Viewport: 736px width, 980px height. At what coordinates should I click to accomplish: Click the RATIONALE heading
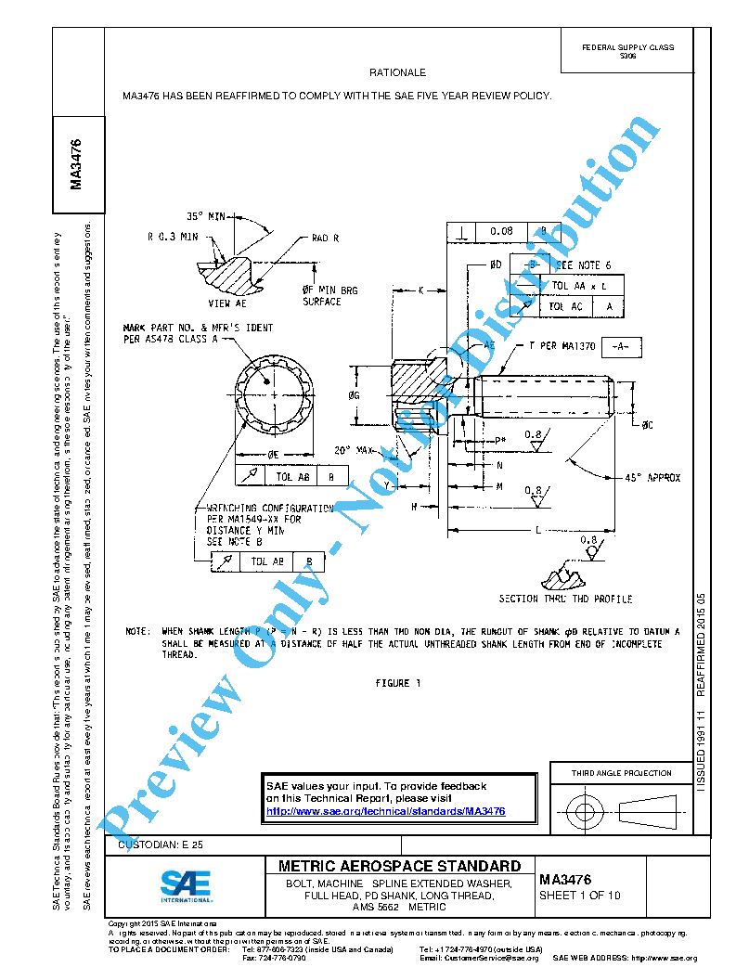[x=397, y=72]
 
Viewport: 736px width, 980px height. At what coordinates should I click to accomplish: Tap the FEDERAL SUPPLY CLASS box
[x=627, y=51]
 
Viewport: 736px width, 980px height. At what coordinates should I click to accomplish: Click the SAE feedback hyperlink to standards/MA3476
[x=385, y=811]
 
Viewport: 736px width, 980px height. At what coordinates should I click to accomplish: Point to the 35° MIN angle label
[x=206, y=216]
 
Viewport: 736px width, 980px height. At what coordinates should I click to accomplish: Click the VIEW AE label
[x=226, y=303]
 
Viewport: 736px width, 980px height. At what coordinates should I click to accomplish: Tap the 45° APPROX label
[x=652, y=478]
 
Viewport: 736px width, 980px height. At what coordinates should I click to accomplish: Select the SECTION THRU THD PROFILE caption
[x=565, y=600]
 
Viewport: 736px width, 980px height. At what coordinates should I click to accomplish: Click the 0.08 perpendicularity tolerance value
[x=501, y=230]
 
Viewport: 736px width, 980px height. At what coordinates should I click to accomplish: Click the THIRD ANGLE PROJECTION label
[x=621, y=773]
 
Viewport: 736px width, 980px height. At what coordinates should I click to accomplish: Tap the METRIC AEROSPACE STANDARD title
[x=399, y=866]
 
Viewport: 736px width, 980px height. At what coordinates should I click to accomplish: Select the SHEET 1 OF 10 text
[x=580, y=896]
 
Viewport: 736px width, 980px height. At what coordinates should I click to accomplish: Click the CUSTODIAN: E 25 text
[x=155, y=844]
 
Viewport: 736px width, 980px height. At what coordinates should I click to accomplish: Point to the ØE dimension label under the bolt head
[x=274, y=455]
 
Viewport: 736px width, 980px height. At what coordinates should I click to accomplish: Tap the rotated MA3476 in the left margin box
[x=76, y=163]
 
